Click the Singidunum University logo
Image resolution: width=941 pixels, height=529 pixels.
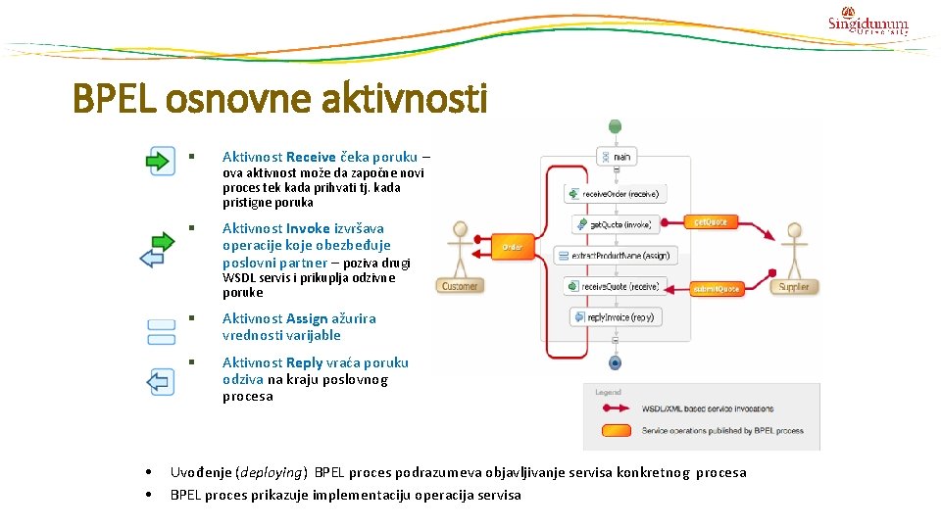click(867, 22)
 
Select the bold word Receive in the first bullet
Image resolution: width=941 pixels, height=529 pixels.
click(311, 157)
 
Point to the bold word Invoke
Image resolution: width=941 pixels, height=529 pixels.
click(308, 228)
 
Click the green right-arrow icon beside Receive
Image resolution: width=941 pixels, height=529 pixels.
click(160, 160)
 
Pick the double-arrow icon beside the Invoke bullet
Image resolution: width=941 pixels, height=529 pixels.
click(159, 249)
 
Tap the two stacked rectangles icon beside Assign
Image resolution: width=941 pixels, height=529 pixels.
click(161, 332)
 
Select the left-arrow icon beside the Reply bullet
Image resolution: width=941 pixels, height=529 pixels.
click(160, 381)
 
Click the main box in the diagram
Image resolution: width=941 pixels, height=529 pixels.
click(616, 156)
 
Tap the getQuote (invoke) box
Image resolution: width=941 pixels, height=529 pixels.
click(614, 224)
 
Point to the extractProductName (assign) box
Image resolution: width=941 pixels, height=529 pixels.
click(613, 256)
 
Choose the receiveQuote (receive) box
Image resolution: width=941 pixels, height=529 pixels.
click(615, 286)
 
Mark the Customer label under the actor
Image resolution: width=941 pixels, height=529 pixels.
click(459, 286)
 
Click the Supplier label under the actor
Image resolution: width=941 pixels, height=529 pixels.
click(793, 287)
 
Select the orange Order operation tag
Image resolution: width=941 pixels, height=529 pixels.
click(512, 248)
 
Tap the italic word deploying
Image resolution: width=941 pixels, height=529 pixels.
click(272, 472)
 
